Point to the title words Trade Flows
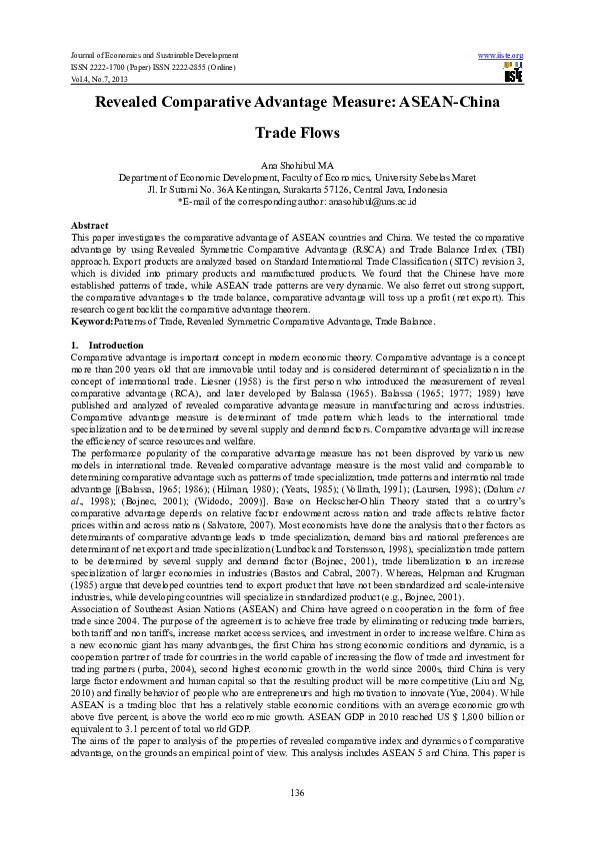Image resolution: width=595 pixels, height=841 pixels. pos(297,132)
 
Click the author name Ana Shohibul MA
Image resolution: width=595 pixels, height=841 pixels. pos(297,164)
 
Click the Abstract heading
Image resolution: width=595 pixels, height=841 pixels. pos(91,227)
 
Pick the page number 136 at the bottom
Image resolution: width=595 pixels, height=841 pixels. pos(297,792)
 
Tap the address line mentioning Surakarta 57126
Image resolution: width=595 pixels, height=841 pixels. pos(297,188)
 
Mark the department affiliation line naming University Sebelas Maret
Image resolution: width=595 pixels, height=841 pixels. pos(297,176)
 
